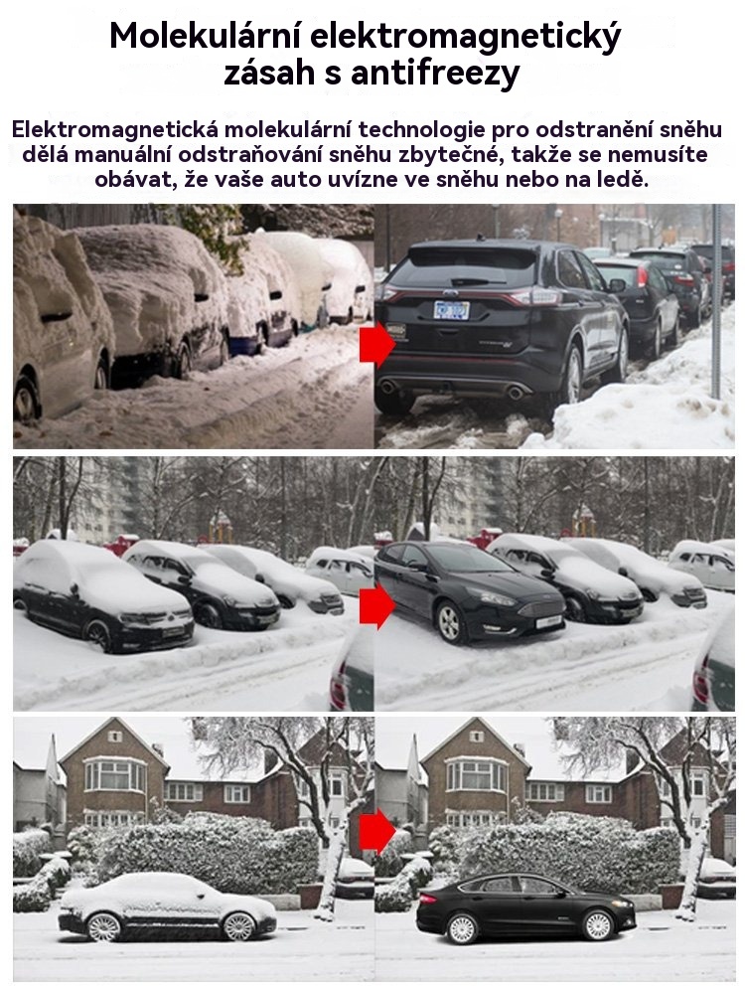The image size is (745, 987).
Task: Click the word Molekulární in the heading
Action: [x=204, y=36]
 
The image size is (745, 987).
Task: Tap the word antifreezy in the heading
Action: [x=435, y=73]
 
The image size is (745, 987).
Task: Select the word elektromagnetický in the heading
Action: [x=466, y=38]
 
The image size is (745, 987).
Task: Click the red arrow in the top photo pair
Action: [x=377, y=344]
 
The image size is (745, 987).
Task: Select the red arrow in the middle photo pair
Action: [x=377, y=605]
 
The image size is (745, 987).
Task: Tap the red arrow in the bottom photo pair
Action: [x=377, y=832]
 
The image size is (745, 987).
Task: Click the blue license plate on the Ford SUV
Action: [x=451, y=310]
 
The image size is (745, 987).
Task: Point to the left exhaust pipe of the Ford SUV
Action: [x=387, y=387]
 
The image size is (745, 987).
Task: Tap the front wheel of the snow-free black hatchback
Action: [x=451, y=622]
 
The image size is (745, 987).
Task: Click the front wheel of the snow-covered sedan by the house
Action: [x=239, y=926]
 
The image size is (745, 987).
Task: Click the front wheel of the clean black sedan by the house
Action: [x=598, y=925]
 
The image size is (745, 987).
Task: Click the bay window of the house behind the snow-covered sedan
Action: [x=115, y=774]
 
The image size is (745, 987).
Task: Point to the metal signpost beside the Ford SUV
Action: [x=716, y=301]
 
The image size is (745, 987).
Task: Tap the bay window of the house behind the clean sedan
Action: [x=477, y=774]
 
